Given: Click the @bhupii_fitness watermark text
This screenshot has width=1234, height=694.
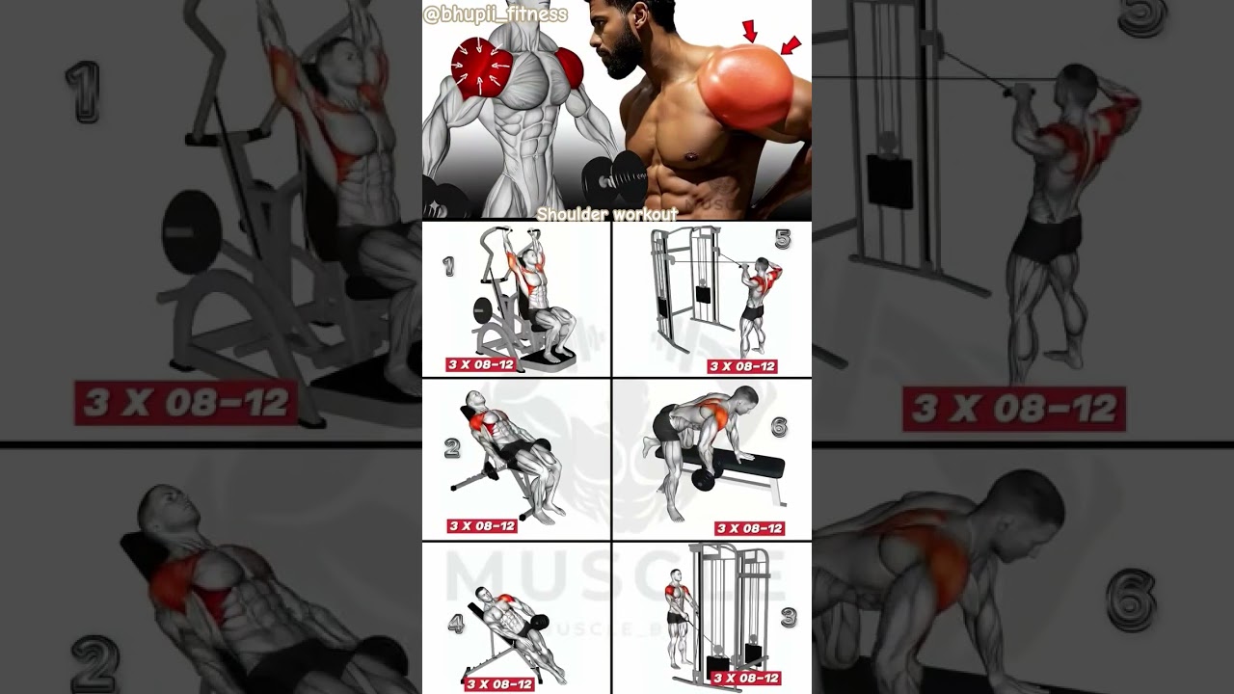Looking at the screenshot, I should coord(495,14).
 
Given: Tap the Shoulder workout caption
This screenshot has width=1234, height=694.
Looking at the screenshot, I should coord(607,214).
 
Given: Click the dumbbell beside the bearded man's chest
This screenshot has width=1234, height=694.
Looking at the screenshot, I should coord(613,176).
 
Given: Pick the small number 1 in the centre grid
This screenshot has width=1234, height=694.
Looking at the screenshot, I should coord(449,267).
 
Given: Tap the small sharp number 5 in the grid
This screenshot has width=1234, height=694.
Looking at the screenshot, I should coord(783,240).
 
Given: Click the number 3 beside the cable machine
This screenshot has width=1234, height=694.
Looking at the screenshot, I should coord(789,617).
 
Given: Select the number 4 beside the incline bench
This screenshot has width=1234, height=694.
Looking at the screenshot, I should coord(456,624).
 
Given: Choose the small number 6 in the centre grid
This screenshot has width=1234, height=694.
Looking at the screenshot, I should coord(779,425).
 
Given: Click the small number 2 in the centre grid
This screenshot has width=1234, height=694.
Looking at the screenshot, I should coord(452,447).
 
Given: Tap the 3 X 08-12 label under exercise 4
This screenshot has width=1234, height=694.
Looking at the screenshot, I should coord(499,684).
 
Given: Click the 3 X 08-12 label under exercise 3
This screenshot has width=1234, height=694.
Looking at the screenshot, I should coord(745,678).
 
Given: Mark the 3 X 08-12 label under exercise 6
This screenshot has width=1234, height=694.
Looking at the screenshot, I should coord(749,528).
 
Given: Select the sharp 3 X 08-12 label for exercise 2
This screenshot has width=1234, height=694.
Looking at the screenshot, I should coord(482,525).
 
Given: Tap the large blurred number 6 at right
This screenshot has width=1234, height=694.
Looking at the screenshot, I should coord(1130,599).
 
